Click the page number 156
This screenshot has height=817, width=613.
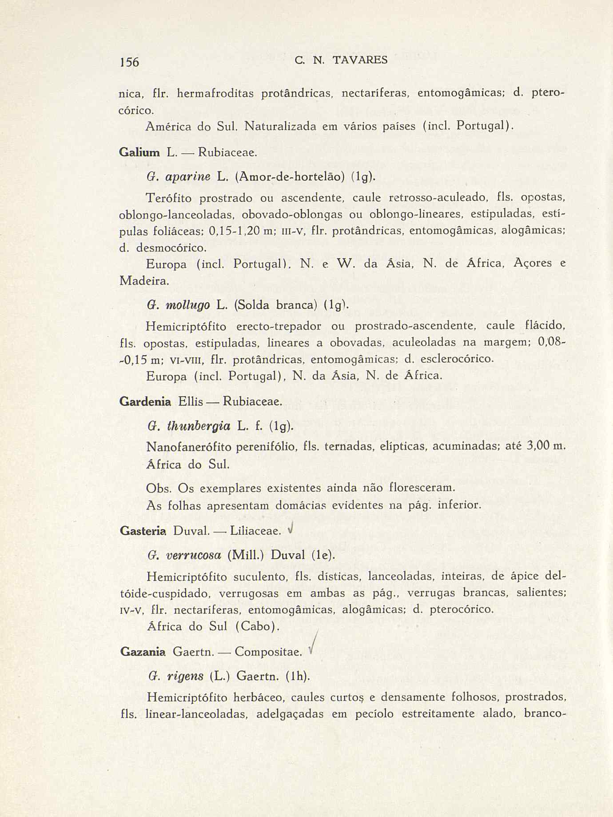(x=130, y=61)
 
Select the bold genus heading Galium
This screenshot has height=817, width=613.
(x=139, y=152)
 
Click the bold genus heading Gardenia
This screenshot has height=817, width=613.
(x=145, y=402)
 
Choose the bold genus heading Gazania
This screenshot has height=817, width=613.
(x=143, y=652)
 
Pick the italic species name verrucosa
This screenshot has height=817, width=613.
(x=193, y=555)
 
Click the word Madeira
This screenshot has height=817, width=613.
(x=144, y=281)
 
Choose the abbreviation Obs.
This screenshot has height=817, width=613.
(x=159, y=488)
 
